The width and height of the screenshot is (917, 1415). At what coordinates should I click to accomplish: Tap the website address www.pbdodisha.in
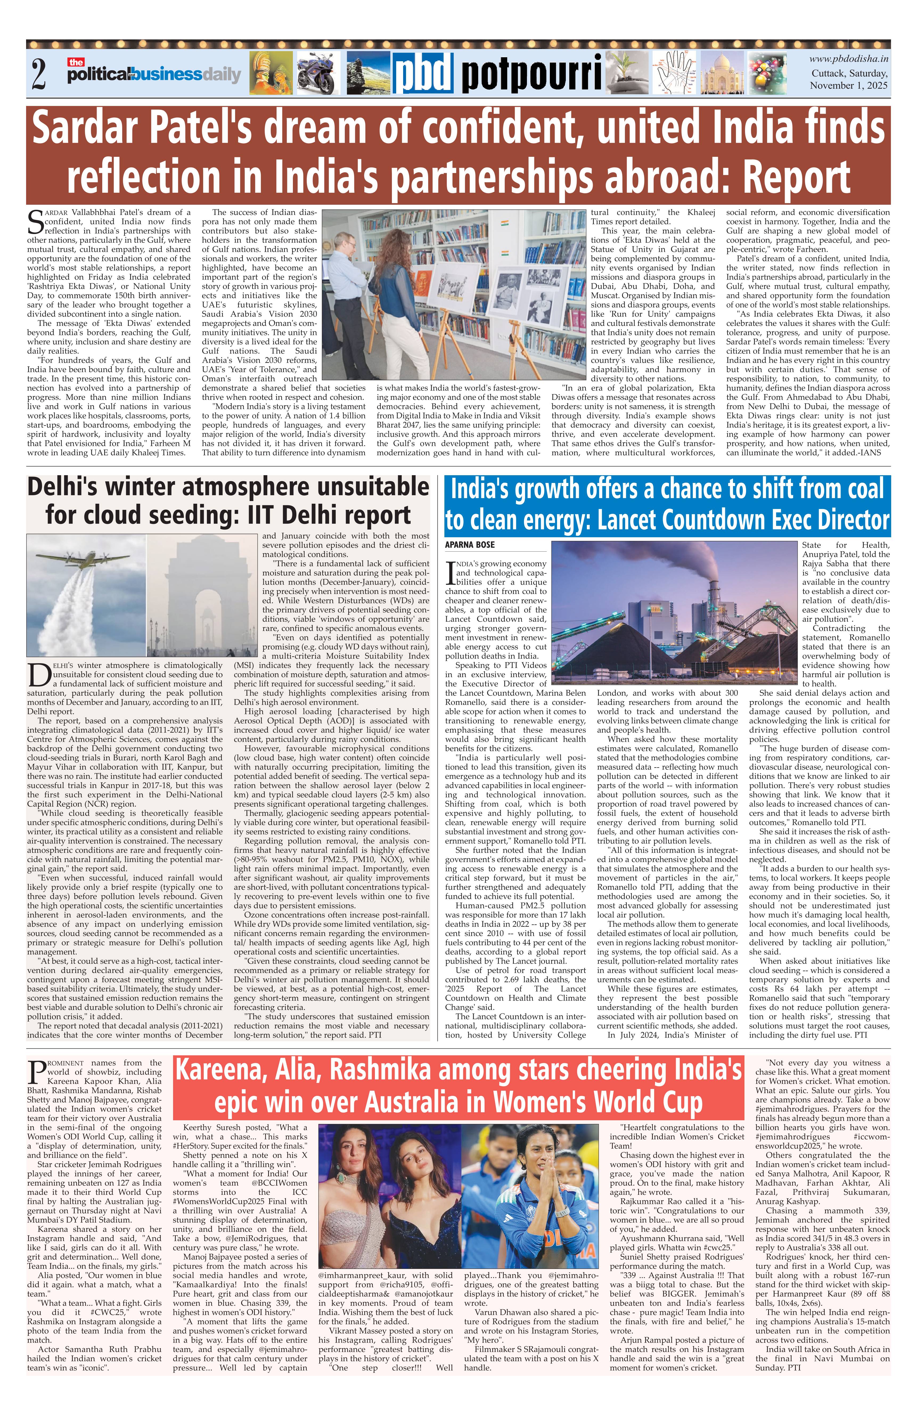[x=849, y=59]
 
